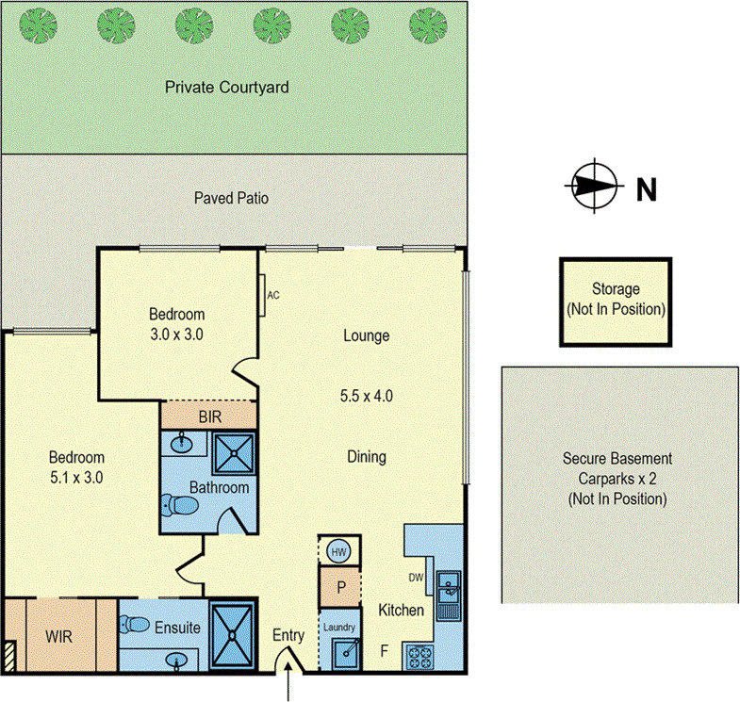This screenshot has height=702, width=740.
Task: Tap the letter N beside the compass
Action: [646, 189]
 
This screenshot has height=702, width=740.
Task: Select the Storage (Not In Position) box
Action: [616, 300]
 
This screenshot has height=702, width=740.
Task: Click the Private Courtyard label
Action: [226, 87]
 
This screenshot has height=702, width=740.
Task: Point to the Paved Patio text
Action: [231, 198]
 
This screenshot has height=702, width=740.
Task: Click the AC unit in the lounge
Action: [264, 294]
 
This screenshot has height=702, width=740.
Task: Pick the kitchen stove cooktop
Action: [417, 655]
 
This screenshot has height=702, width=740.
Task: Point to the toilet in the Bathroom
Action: [183, 507]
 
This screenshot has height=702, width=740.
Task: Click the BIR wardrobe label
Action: [208, 415]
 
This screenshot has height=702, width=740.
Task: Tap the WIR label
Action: [58, 636]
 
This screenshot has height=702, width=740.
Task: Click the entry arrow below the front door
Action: [288, 685]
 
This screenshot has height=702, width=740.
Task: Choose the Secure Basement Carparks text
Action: [617, 479]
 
